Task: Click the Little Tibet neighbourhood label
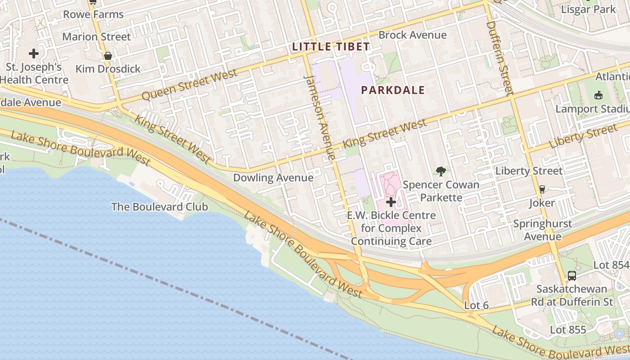pos(331,46)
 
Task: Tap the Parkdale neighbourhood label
pos(393,90)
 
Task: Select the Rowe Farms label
pos(93,14)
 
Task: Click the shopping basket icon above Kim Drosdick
pos(108,56)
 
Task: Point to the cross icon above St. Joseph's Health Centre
pos(33,54)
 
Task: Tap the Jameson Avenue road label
pos(320,117)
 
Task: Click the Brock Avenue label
pos(412,35)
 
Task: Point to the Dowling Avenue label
pos(273,178)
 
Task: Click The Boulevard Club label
pos(159,207)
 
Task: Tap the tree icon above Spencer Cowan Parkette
pos(441,171)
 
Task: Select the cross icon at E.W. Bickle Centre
pos(391,202)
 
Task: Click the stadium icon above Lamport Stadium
pos(598,95)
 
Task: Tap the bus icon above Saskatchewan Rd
pos(571,275)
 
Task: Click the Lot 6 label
pos(476,306)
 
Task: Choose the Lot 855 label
pos(568,330)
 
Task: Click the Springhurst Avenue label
pos(543,230)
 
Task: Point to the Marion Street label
pos(96,36)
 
